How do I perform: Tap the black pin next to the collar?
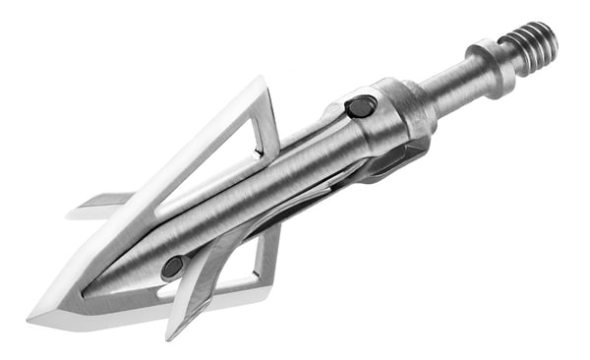(x=361, y=106)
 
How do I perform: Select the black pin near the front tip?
(x=173, y=266)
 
